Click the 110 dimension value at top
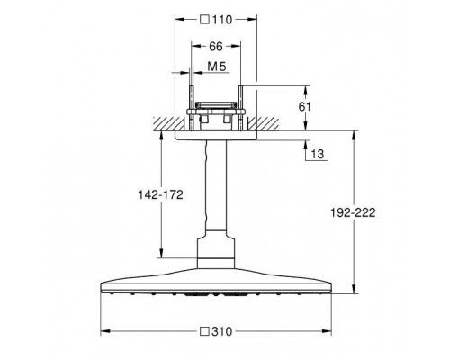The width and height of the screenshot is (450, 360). (222, 20)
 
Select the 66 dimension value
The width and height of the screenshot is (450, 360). (216, 46)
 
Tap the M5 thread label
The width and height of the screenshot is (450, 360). (217, 67)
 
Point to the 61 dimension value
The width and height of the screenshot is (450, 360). (305, 106)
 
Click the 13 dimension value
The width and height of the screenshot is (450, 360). (318, 154)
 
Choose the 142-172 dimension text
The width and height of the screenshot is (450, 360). (160, 195)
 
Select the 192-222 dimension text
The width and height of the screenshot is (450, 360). (353, 212)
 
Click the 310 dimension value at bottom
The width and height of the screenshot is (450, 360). (222, 331)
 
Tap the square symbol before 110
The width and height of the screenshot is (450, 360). (205, 20)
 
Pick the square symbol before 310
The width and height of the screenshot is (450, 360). (205, 331)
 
